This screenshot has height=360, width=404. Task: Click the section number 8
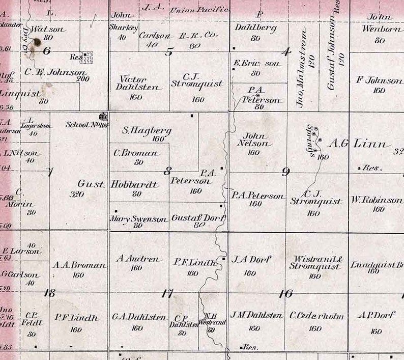167,171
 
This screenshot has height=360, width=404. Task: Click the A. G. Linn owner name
359,144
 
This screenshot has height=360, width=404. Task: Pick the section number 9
286,172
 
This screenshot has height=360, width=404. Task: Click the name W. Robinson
377,200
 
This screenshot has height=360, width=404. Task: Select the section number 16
286,293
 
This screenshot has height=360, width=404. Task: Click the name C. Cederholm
316,316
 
